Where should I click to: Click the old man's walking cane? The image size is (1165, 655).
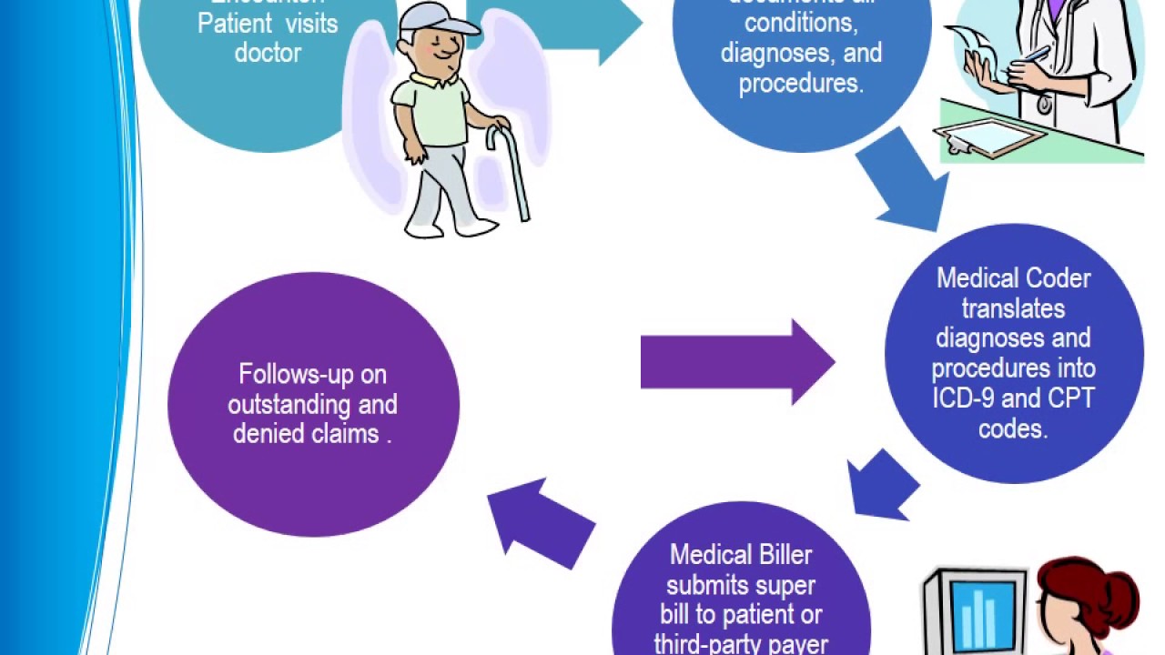point(510,173)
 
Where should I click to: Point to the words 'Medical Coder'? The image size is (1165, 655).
point(1013,277)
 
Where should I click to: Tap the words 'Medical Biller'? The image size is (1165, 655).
point(741,555)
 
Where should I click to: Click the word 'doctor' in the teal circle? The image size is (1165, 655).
point(268,53)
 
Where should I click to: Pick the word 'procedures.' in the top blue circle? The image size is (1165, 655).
point(801,84)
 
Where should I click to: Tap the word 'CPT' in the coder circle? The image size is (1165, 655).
point(1071,398)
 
